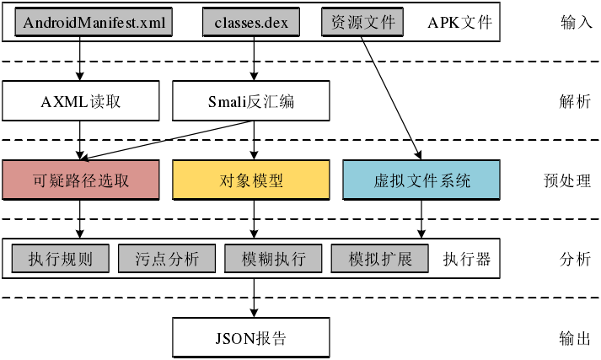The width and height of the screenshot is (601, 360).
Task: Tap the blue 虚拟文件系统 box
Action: click(421, 180)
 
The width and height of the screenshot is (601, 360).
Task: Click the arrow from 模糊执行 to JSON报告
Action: click(254, 298)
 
